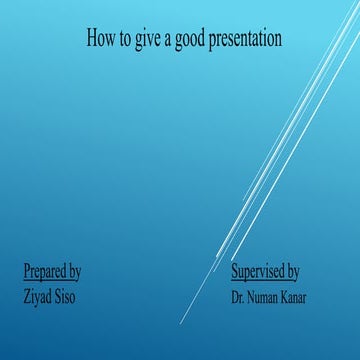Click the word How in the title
coord(101,39)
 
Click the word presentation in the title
coord(247,39)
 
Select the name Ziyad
coord(37,296)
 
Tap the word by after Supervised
coord(293,271)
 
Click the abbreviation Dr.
coord(238,297)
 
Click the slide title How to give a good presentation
coord(184,39)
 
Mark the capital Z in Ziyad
coord(26,296)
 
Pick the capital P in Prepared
coord(27,271)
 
